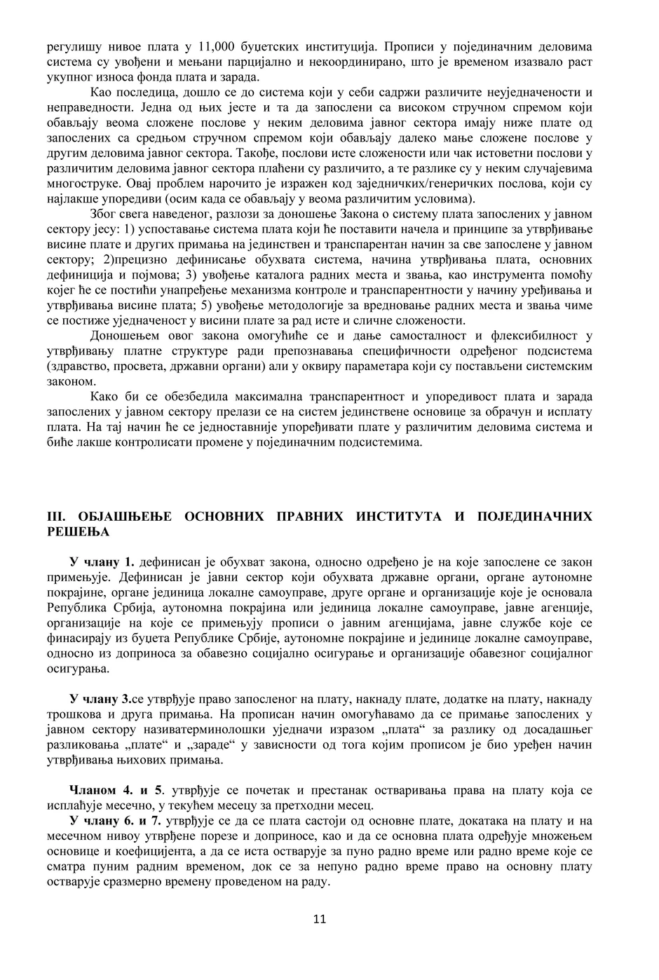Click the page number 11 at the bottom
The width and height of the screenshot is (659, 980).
(320, 919)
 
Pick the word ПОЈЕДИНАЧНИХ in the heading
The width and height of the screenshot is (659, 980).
(534, 517)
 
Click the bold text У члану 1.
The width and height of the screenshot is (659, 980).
(102, 562)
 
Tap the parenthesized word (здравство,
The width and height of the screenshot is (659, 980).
(76, 367)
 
